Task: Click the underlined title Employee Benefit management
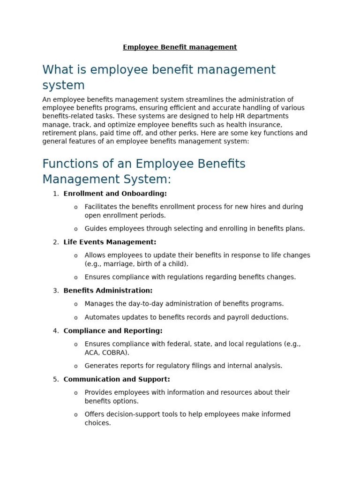pos(180,47)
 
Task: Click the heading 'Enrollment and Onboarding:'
pos(115,194)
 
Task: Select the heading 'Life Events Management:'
pos(110,242)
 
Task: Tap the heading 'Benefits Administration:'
pos(108,291)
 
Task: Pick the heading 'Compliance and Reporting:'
pos(113,331)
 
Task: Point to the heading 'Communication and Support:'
pos(117,379)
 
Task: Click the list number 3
pos(55,291)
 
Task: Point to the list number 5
pos(55,379)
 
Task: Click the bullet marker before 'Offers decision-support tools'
pos(76,415)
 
